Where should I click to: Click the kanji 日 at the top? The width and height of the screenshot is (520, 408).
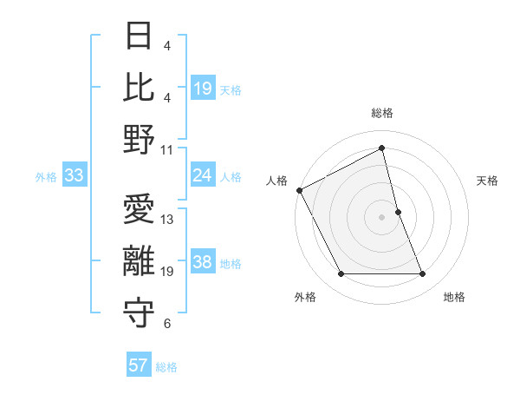(140, 36)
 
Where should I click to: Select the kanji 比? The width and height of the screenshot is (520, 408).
(140, 86)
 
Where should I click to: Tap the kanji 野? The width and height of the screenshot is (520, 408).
(140, 138)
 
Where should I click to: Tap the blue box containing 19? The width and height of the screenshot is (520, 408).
(203, 88)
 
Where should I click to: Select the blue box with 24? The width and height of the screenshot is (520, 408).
(203, 175)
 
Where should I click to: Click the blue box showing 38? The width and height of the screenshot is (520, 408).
(203, 262)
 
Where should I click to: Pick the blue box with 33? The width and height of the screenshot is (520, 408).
(74, 176)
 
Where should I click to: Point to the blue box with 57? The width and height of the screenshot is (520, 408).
(139, 365)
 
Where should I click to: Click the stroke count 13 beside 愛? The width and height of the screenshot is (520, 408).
(168, 220)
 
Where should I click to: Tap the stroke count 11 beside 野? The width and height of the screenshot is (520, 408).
(168, 149)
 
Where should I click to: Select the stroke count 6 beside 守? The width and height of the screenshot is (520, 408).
(166, 325)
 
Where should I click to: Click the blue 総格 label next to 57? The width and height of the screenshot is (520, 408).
(166, 367)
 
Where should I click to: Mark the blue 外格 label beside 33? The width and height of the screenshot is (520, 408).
(46, 177)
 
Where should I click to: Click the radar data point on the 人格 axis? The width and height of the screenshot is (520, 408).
(300, 189)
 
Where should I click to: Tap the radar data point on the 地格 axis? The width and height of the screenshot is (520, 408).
(422, 274)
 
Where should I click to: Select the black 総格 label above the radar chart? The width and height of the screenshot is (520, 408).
(382, 113)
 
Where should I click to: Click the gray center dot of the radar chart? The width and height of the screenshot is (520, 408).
(382, 216)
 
